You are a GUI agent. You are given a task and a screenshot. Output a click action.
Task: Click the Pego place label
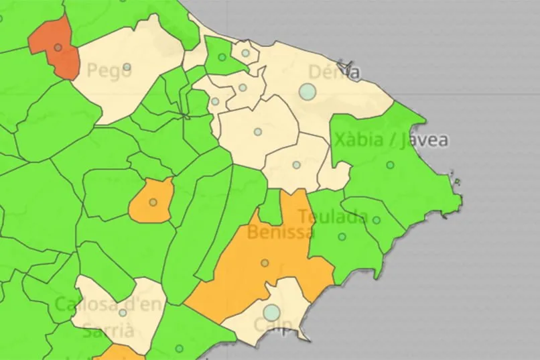point(109,70)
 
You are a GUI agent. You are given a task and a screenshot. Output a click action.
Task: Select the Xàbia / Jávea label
point(391,140)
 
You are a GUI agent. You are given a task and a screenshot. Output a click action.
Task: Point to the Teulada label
point(332,217)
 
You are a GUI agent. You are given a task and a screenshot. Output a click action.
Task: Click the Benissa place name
point(280,233)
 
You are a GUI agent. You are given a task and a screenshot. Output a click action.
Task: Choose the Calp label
point(273,327)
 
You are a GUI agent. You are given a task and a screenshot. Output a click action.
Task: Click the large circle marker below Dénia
point(307,92)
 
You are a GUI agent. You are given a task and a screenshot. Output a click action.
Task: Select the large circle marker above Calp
point(271,312)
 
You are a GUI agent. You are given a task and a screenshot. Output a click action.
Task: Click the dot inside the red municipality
point(58,48)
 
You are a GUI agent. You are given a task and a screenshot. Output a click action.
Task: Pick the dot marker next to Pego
point(127,67)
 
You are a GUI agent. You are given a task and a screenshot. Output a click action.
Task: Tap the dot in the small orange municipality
point(153,202)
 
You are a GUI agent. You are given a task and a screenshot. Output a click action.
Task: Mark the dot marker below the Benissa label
point(265,263)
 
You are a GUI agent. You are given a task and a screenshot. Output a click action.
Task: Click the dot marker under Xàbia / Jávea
point(390,165)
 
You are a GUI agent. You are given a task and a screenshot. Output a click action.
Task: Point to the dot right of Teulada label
point(377,220)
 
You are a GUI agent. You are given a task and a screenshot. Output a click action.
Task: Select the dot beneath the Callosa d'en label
point(123,312)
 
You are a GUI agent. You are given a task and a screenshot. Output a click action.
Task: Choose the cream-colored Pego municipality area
point(134,87)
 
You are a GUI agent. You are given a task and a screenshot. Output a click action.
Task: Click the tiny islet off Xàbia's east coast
point(456,181)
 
